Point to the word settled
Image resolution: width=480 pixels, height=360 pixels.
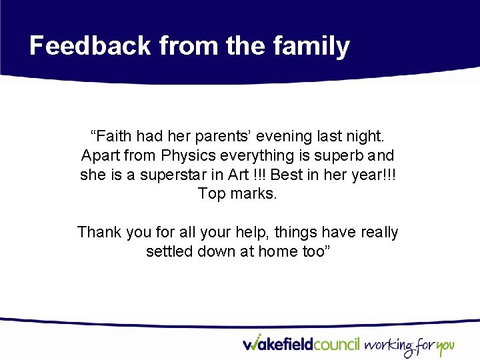click(170, 252)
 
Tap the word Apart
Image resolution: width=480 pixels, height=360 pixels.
click(99, 156)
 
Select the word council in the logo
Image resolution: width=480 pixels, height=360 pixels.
click(335, 345)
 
